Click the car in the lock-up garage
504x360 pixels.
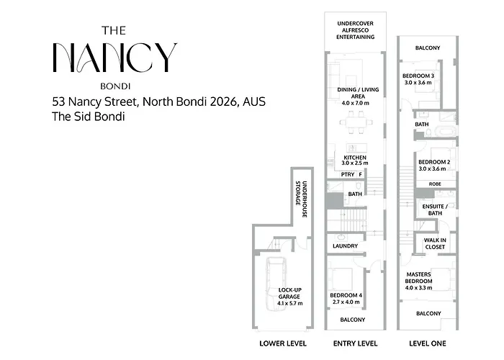click(x=276, y=284)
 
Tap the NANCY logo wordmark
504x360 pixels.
click(x=114, y=58)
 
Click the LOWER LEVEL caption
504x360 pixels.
click(x=283, y=343)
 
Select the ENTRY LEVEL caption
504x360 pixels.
click(x=355, y=343)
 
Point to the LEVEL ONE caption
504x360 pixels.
click(x=428, y=343)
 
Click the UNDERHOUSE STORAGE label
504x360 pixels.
click(x=302, y=199)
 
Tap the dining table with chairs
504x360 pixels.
click(x=356, y=122)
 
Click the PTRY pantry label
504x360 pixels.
click(x=348, y=174)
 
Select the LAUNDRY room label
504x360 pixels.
click(x=345, y=246)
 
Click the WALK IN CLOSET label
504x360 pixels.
click(x=435, y=243)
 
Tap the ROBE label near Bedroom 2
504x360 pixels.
click(x=435, y=184)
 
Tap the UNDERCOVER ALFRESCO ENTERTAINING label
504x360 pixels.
click(x=355, y=30)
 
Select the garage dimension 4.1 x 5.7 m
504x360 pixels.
click(x=290, y=303)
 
